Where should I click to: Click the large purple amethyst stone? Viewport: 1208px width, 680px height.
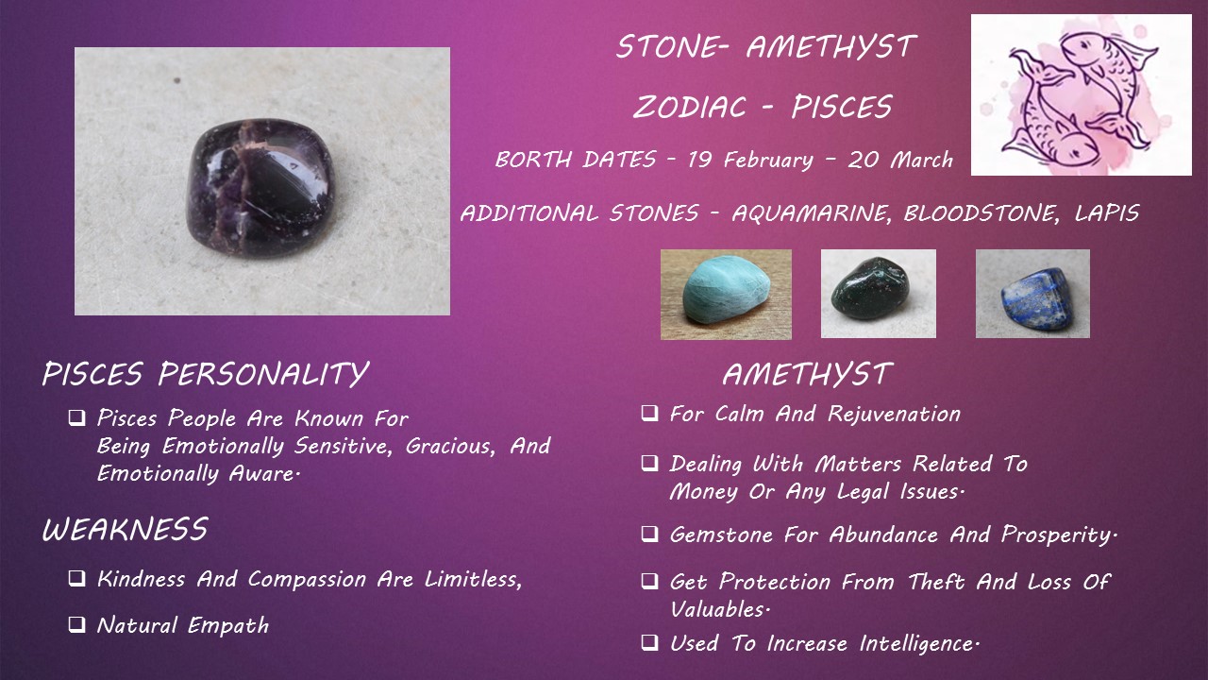pyautogui.click(x=261, y=189)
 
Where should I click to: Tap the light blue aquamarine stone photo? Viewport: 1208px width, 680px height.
pyautogui.click(x=726, y=294)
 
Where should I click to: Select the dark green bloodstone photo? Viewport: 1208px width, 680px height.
pyautogui.click(x=879, y=294)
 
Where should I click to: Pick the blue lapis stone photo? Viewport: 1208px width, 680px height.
pyautogui.click(x=1032, y=294)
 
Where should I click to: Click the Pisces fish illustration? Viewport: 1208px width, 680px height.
pyautogui.click(x=1082, y=95)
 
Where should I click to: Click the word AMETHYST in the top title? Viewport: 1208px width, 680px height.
pyautogui.click(x=831, y=46)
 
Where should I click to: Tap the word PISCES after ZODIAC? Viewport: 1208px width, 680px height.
pyautogui.click(x=842, y=107)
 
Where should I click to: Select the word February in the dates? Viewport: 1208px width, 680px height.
pyautogui.click(x=768, y=161)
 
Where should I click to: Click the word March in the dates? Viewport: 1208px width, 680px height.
pyautogui.click(x=922, y=160)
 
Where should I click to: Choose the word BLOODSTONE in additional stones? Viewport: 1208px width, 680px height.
pyautogui.click(x=980, y=213)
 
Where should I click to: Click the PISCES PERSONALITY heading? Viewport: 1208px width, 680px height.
pyautogui.click(x=206, y=373)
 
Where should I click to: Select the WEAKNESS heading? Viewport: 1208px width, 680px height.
pyautogui.click(x=126, y=529)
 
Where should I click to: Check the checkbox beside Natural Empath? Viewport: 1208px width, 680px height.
pyautogui.click(x=77, y=625)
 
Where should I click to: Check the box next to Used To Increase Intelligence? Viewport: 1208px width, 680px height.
pyautogui.click(x=650, y=643)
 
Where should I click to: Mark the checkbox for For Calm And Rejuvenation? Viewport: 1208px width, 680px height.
pyautogui.click(x=650, y=413)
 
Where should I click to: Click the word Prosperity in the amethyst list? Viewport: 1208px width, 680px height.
pyautogui.click(x=1059, y=535)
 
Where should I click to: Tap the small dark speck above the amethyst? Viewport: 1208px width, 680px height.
pyautogui.click(x=176, y=81)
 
